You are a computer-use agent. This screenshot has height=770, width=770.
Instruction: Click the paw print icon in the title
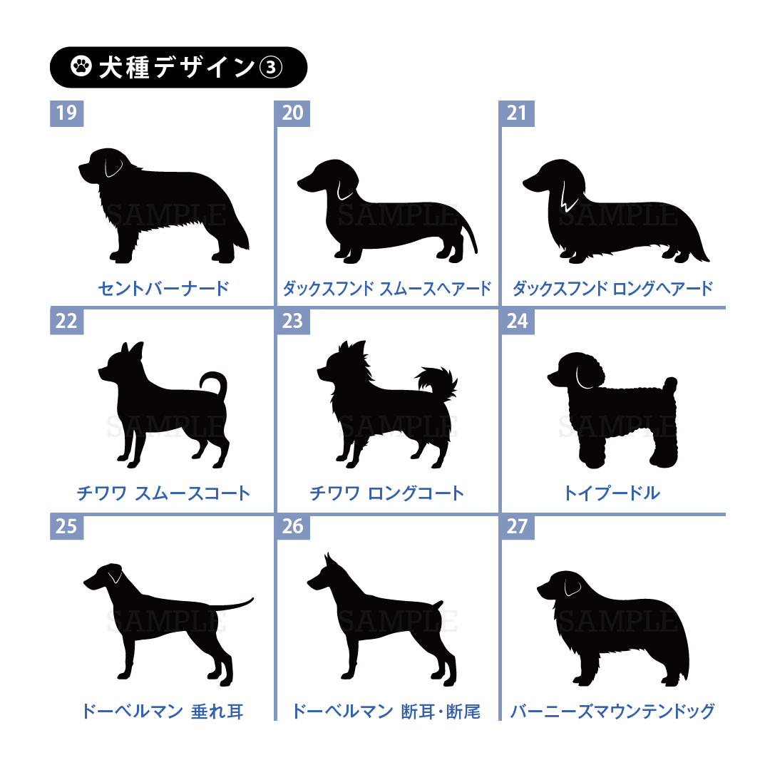81,67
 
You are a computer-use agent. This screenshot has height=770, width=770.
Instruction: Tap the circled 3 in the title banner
271,67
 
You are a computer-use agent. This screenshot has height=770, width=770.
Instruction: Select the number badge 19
67,113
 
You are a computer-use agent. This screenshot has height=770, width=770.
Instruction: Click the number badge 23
293,321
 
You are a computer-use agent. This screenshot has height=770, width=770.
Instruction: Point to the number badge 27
517,527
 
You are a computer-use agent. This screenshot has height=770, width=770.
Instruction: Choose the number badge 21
517,113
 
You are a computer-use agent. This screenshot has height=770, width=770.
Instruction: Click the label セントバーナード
163,288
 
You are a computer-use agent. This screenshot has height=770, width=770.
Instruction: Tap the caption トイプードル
612,493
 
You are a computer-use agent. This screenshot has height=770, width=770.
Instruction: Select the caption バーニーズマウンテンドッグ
612,711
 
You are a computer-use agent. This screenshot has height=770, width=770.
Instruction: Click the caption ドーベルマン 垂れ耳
163,711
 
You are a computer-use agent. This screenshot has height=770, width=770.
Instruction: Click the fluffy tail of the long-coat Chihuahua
437,381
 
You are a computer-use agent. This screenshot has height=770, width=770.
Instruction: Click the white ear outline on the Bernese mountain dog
572,587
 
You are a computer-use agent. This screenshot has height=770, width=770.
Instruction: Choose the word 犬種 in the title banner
124,67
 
